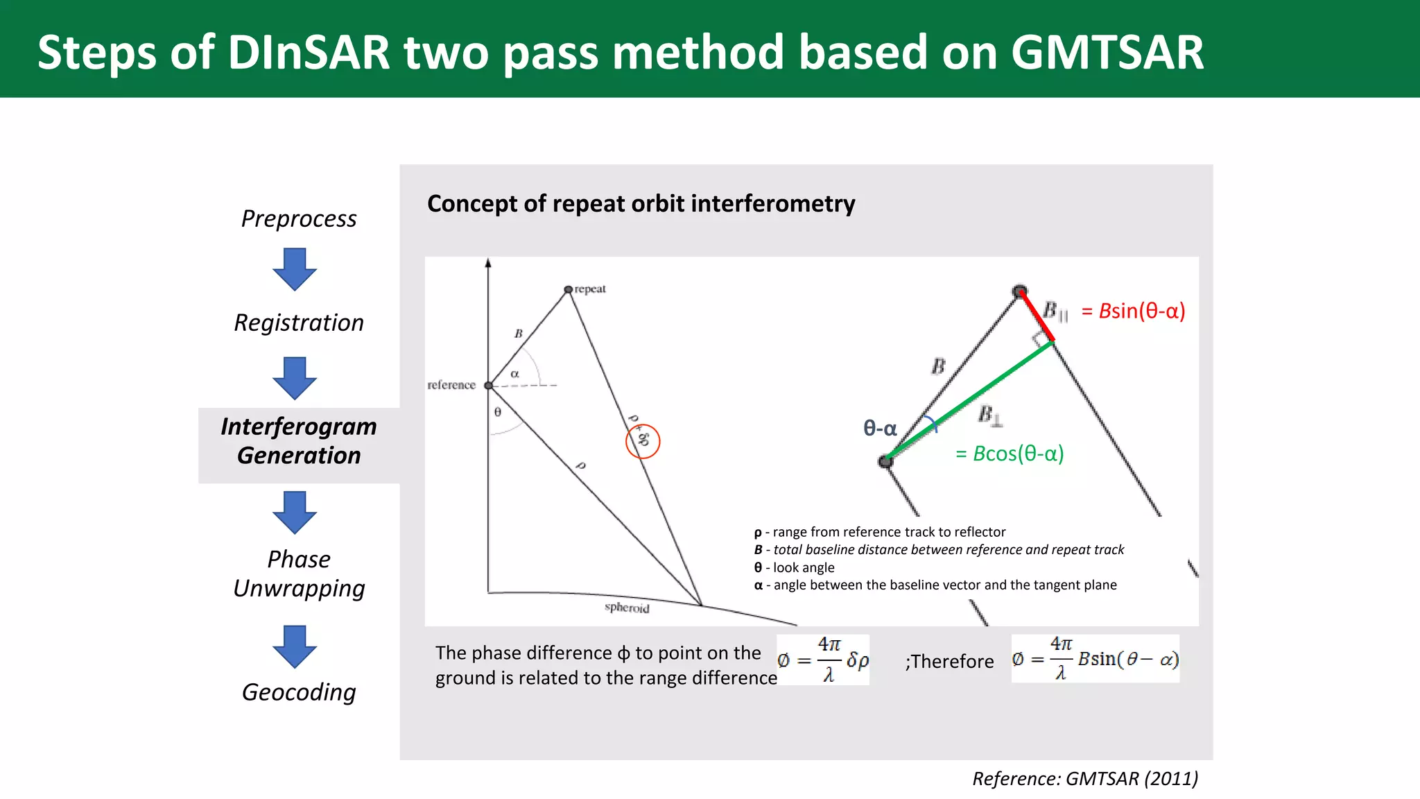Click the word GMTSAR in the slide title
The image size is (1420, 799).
(1107, 53)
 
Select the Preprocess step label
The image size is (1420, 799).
(299, 218)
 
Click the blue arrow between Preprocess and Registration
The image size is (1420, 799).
(295, 269)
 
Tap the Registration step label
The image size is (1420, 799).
(299, 323)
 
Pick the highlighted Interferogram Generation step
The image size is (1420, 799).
(299, 441)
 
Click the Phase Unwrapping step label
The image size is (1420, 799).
(299, 574)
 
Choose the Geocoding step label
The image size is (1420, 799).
(299, 692)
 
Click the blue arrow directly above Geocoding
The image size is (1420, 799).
(295, 646)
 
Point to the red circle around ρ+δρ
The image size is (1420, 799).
(643, 441)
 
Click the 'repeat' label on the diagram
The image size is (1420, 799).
(590, 289)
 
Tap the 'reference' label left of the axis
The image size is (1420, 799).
(451, 385)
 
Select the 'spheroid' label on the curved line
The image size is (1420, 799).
(627, 608)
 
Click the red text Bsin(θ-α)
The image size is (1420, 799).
(1134, 311)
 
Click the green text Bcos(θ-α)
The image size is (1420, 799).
(1010, 454)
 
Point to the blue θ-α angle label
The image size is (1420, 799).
(880, 429)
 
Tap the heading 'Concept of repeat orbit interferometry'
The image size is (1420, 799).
(641, 204)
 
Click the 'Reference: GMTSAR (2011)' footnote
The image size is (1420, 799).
(1084, 779)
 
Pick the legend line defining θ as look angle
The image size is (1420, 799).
(795, 567)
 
